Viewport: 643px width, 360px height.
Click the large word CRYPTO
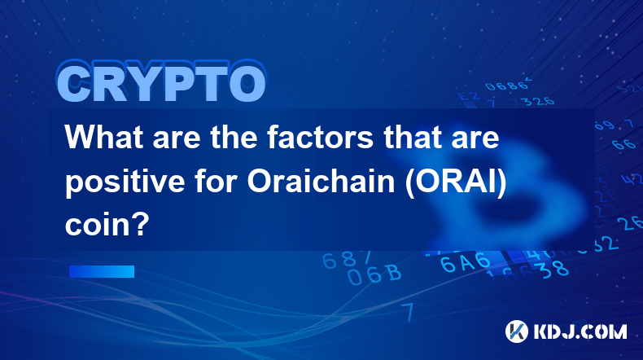point(162,82)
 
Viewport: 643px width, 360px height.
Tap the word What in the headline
point(105,137)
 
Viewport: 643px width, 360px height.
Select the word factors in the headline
point(320,137)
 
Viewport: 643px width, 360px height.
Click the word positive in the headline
point(125,182)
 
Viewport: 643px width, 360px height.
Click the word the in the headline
point(234,137)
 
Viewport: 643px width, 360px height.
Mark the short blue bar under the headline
point(102,271)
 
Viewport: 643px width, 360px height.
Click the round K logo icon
point(517,331)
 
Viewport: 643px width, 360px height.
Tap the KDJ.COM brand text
point(580,331)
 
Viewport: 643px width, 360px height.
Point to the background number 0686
point(507,85)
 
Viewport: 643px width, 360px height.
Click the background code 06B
point(374,274)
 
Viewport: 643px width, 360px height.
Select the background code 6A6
point(466,262)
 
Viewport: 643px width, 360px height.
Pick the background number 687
point(347,259)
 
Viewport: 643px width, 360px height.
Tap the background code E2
point(468,96)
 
